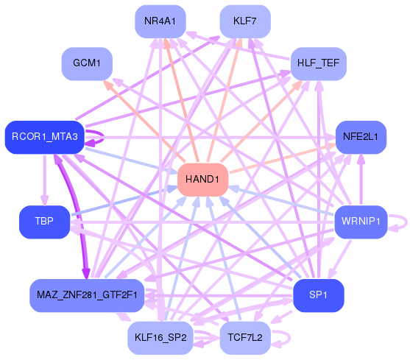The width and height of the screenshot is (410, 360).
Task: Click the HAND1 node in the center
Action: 202,180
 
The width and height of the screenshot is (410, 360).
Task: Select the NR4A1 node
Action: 160,21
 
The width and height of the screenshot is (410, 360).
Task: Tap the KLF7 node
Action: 245,21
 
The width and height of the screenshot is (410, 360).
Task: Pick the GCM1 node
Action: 86,63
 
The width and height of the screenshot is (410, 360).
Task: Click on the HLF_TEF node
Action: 318,63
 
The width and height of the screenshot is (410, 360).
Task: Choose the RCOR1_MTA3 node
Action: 44,137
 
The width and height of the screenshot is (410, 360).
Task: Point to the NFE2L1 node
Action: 361,137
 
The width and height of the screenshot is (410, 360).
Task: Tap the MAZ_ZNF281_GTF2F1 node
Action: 86,295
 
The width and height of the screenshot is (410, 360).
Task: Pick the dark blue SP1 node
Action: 318,295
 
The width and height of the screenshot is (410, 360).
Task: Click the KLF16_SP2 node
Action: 160,338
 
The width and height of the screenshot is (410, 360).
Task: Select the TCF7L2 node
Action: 245,338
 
